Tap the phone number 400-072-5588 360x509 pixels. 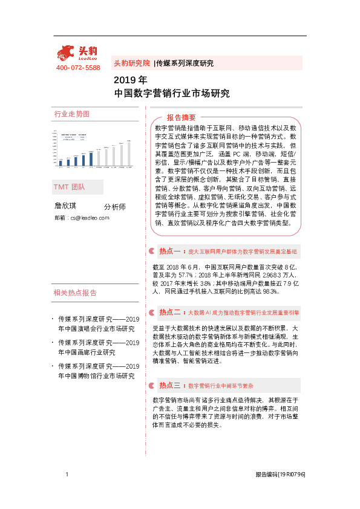point(78,68)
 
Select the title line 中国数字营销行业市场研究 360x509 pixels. point(172,93)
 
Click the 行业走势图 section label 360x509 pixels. point(72,114)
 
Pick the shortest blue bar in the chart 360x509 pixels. point(61,162)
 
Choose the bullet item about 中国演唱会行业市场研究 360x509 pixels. point(97,324)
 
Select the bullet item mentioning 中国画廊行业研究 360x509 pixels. point(97,348)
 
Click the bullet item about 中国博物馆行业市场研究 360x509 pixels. point(97,371)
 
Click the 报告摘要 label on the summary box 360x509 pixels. point(182,117)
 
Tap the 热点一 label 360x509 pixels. point(169,250)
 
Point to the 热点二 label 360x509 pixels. point(169,313)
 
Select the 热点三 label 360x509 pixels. point(169,385)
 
